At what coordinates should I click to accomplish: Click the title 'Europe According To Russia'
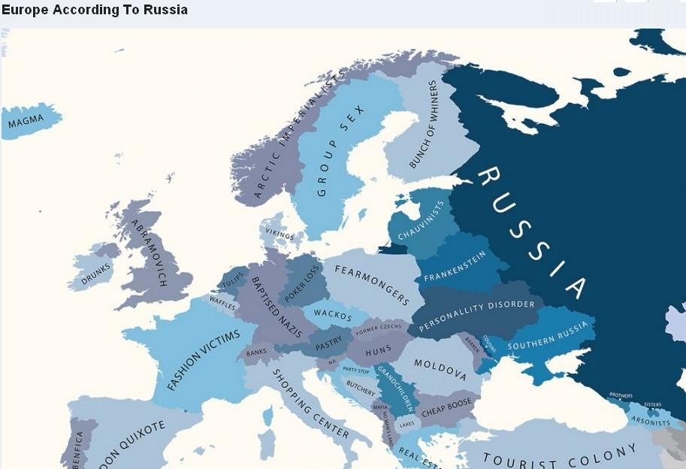click(x=94, y=10)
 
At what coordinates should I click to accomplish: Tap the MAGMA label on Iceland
click(x=26, y=120)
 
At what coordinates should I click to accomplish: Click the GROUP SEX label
click(x=340, y=150)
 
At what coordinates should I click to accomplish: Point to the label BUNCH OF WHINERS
click(x=422, y=124)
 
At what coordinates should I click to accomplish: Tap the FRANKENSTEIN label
click(x=456, y=268)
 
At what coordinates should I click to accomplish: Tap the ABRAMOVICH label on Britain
click(x=150, y=253)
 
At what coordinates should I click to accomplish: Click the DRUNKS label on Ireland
click(x=95, y=273)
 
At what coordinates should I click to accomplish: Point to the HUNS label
click(x=379, y=351)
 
